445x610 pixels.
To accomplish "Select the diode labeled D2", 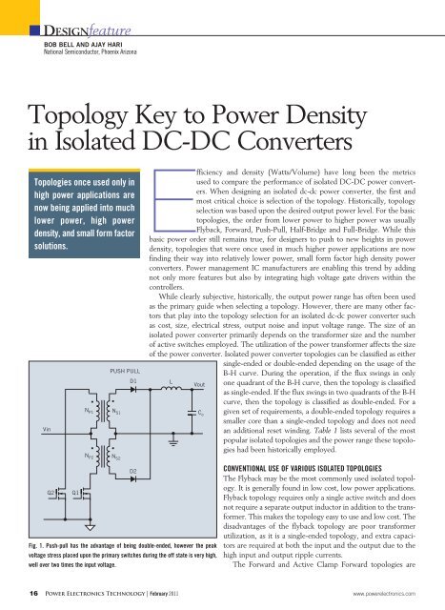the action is coord(133,471).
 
